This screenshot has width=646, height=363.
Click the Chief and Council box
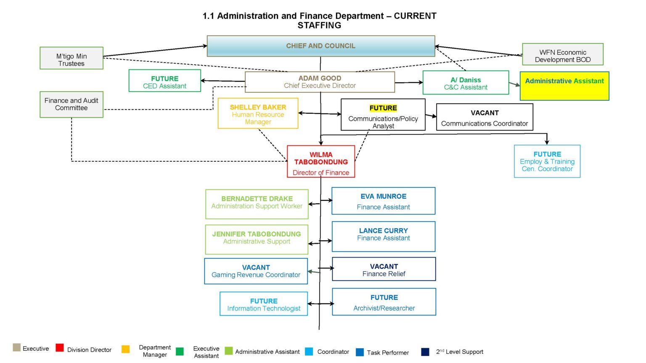tap(320, 46)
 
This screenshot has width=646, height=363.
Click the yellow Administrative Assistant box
tap(564, 86)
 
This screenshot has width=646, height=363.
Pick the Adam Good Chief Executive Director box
tap(320, 82)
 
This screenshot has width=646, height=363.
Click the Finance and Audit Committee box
tap(71, 104)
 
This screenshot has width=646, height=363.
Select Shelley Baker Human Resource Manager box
tap(258, 113)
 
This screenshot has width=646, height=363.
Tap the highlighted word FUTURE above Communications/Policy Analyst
tap(383, 108)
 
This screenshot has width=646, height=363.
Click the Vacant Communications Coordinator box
tap(484, 117)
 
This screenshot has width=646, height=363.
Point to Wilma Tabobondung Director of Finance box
tap(321, 162)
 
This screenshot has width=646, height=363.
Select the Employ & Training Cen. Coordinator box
tap(547, 161)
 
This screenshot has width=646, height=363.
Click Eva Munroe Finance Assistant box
tap(383, 201)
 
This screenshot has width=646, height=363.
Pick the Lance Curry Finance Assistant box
tap(383, 237)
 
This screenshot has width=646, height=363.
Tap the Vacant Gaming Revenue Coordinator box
tap(256, 271)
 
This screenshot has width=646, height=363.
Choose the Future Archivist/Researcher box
tap(384, 302)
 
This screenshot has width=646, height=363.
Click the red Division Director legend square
tap(60, 348)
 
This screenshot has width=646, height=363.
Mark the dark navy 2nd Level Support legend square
tap(425, 352)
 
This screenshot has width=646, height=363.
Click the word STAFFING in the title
tap(319, 26)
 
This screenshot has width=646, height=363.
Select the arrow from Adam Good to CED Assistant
tap(223, 81)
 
